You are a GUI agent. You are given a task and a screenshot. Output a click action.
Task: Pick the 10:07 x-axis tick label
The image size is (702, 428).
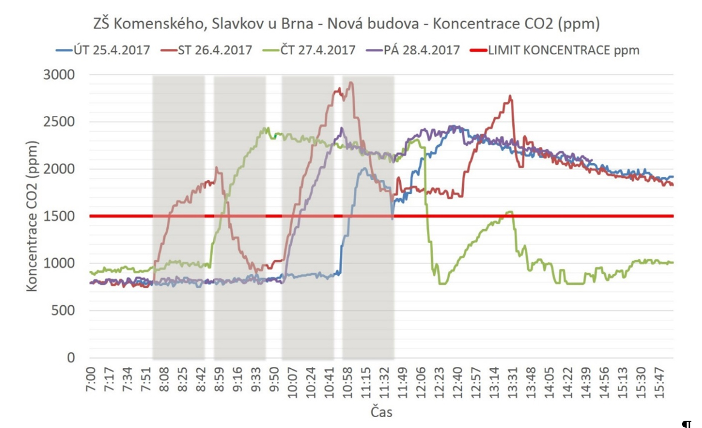tap(293, 381)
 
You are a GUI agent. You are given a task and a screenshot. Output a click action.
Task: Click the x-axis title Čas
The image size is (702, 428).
tap(381, 412)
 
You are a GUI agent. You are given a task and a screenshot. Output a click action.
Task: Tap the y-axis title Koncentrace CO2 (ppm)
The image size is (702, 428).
tap(32, 216)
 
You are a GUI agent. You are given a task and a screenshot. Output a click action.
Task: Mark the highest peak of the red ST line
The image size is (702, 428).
tap(351, 83)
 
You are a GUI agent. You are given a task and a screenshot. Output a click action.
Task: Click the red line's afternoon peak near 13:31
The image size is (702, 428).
tap(511, 96)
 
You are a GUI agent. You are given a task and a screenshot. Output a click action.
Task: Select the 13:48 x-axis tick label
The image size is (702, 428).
tap(530, 381)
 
